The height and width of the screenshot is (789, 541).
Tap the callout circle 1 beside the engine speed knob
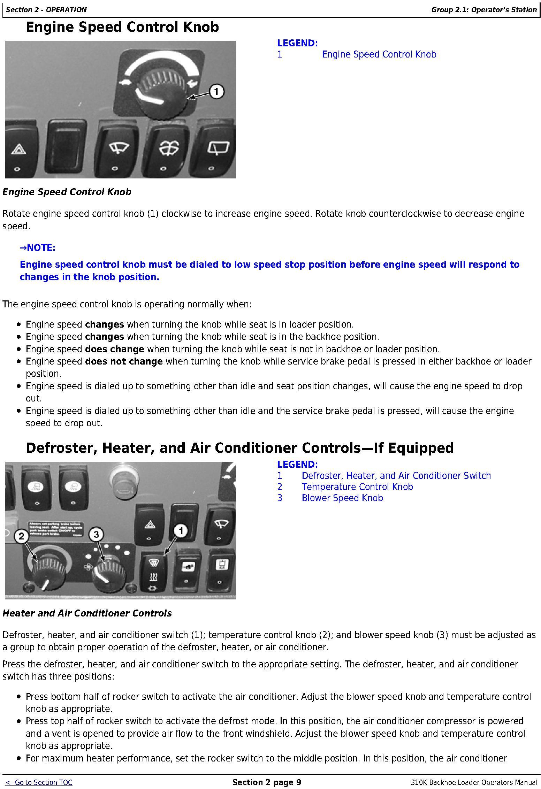[216, 92]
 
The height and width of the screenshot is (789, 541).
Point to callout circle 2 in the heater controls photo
[22, 536]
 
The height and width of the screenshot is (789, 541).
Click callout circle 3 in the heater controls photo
[96, 534]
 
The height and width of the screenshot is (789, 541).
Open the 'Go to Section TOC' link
[39, 782]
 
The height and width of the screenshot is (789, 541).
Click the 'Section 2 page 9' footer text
[267, 782]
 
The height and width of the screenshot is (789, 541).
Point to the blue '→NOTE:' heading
[38, 248]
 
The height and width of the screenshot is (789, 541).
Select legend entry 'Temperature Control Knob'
[357, 487]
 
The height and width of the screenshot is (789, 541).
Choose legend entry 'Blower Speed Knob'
[342, 498]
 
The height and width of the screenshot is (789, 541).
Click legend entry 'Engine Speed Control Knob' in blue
[379, 54]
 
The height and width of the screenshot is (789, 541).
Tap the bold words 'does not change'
[124, 361]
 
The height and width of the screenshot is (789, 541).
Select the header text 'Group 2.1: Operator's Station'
[484, 10]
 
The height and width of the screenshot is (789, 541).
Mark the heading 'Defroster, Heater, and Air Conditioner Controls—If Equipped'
[240, 448]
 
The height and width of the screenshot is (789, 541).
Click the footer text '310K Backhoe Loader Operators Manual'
[474, 783]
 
